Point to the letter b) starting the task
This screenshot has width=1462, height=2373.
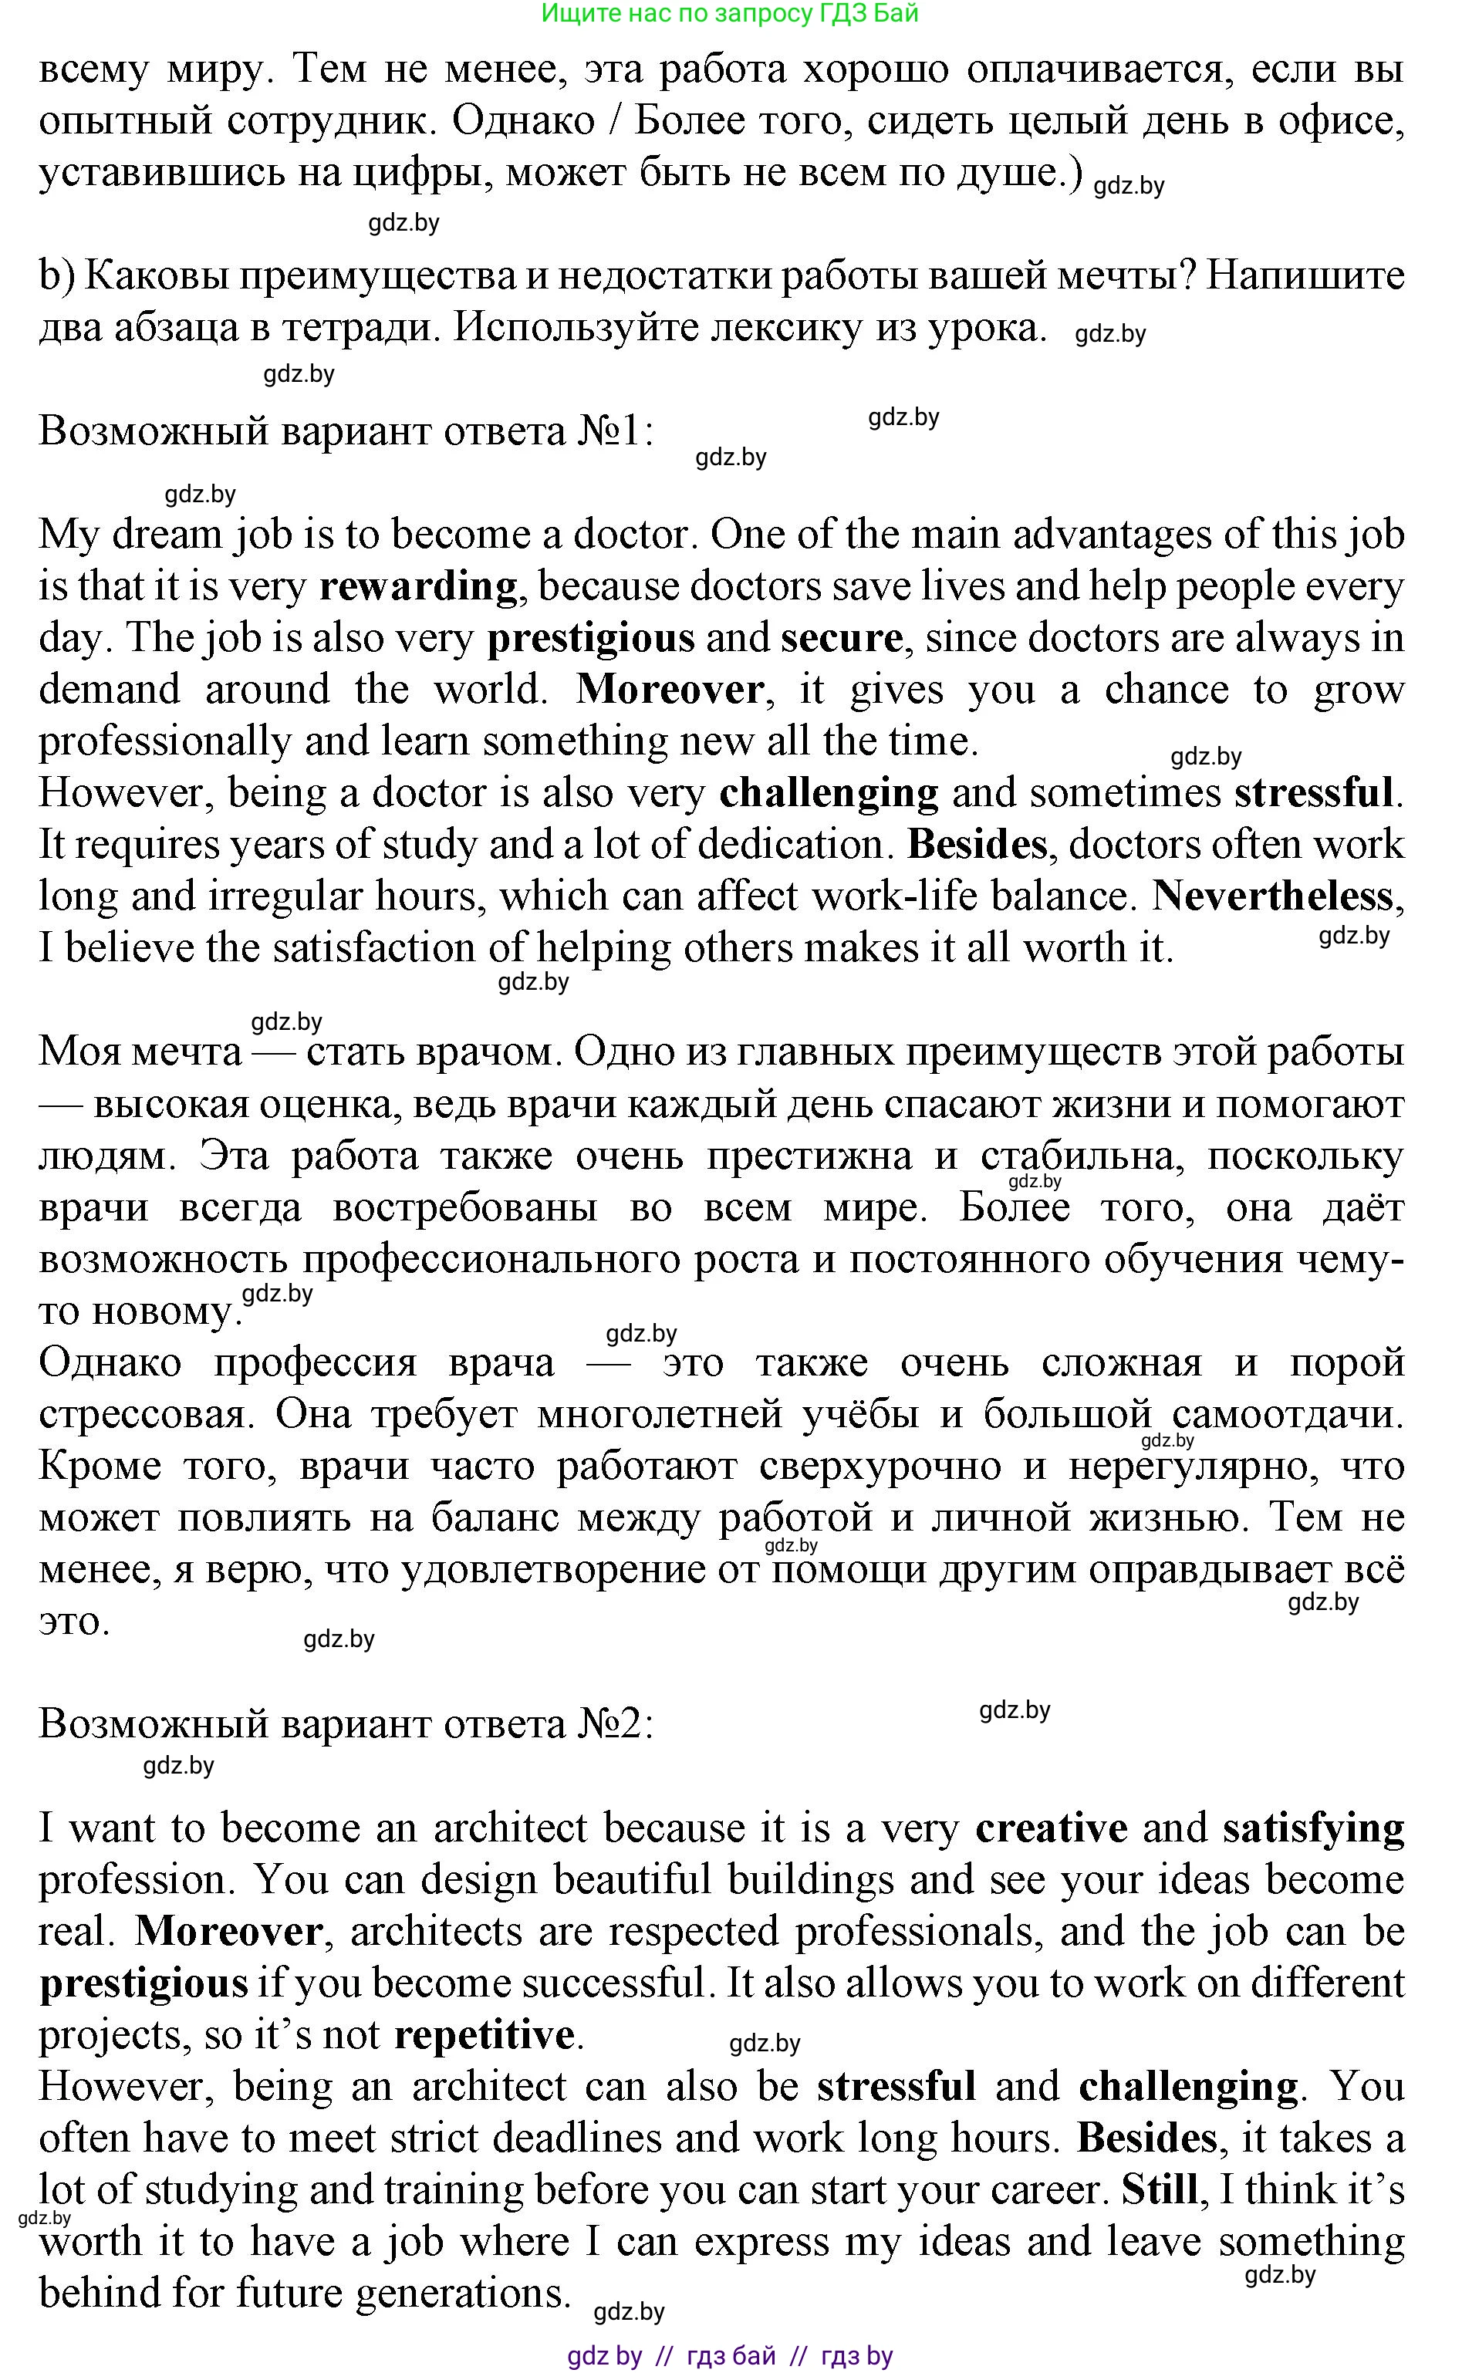(56, 276)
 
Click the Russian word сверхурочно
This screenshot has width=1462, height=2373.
(880, 1467)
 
